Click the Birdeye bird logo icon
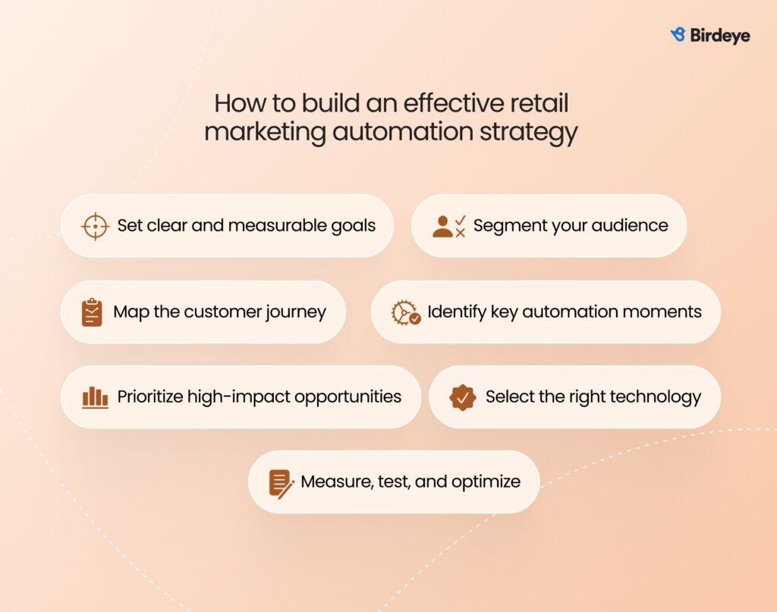[678, 35]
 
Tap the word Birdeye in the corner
[719, 36]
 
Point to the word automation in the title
[402, 131]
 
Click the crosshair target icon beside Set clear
[95, 226]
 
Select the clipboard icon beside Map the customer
[92, 312]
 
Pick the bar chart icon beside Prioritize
[95, 397]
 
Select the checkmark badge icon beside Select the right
[462, 397]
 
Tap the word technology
[656, 397]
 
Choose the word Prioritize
[153, 397]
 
